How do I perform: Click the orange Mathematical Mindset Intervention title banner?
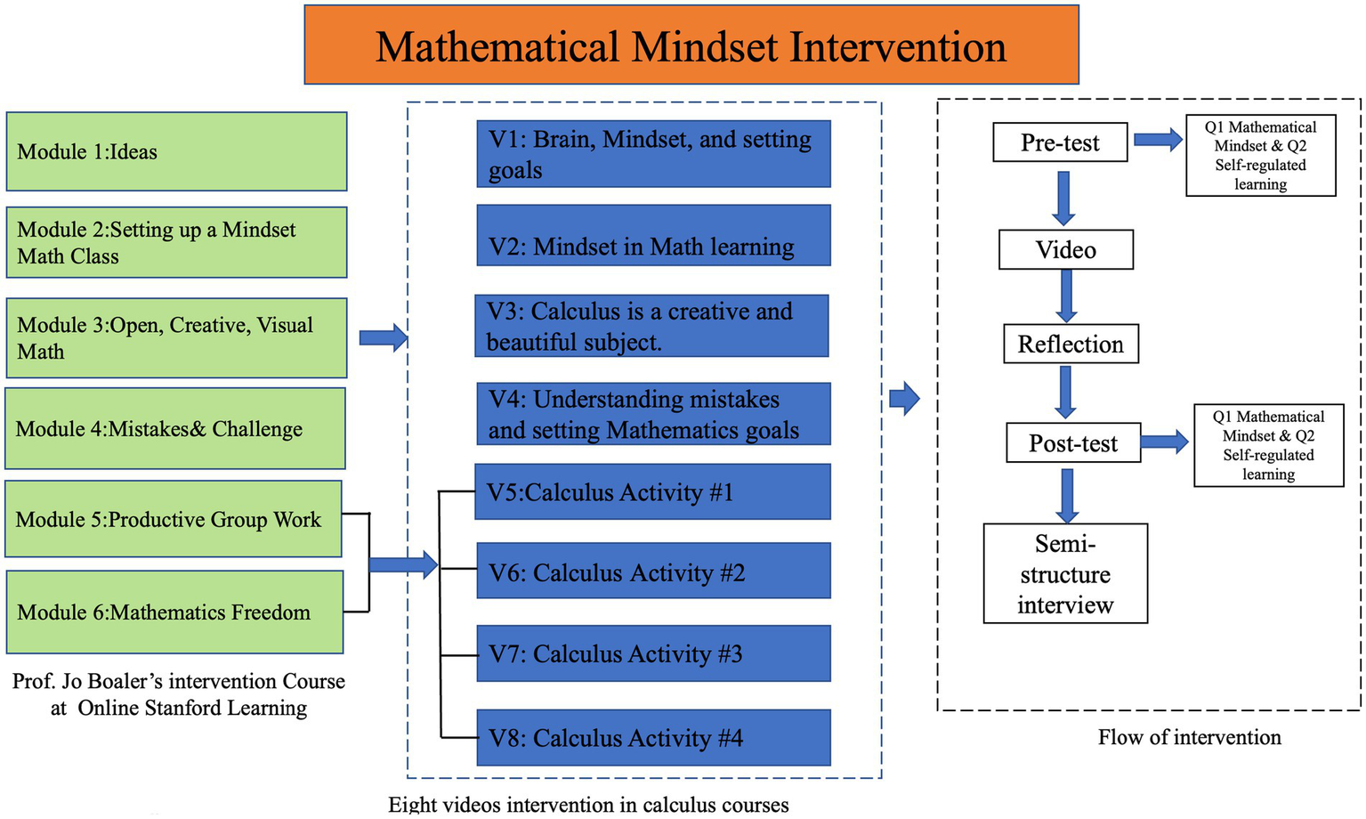click(x=691, y=45)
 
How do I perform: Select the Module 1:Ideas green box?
click(x=176, y=151)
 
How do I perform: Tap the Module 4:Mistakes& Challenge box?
click(x=175, y=428)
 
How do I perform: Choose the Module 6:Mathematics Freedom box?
click(x=175, y=612)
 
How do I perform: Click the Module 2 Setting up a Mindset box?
click(x=176, y=242)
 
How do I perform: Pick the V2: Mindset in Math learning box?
click(x=653, y=236)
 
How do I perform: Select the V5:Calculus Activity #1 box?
click(x=653, y=491)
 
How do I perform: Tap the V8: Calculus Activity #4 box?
click(x=653, y=737)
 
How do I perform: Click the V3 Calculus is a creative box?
click(x=651, y=326)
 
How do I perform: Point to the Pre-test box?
click(x=1060, y=142)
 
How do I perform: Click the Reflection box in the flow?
click(x=1071, y=344)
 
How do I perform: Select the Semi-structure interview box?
click(x=1065, y=573)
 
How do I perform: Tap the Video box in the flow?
click(x=1066, y=249)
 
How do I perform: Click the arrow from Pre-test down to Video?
click(x=1063, y=198)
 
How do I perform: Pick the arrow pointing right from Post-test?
click(x=1165, y=442)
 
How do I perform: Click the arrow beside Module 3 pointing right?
click(x=384, y=338)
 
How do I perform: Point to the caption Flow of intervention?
click(x=1189, y=737)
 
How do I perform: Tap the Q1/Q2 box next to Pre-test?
click(x=1260, y=156)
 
